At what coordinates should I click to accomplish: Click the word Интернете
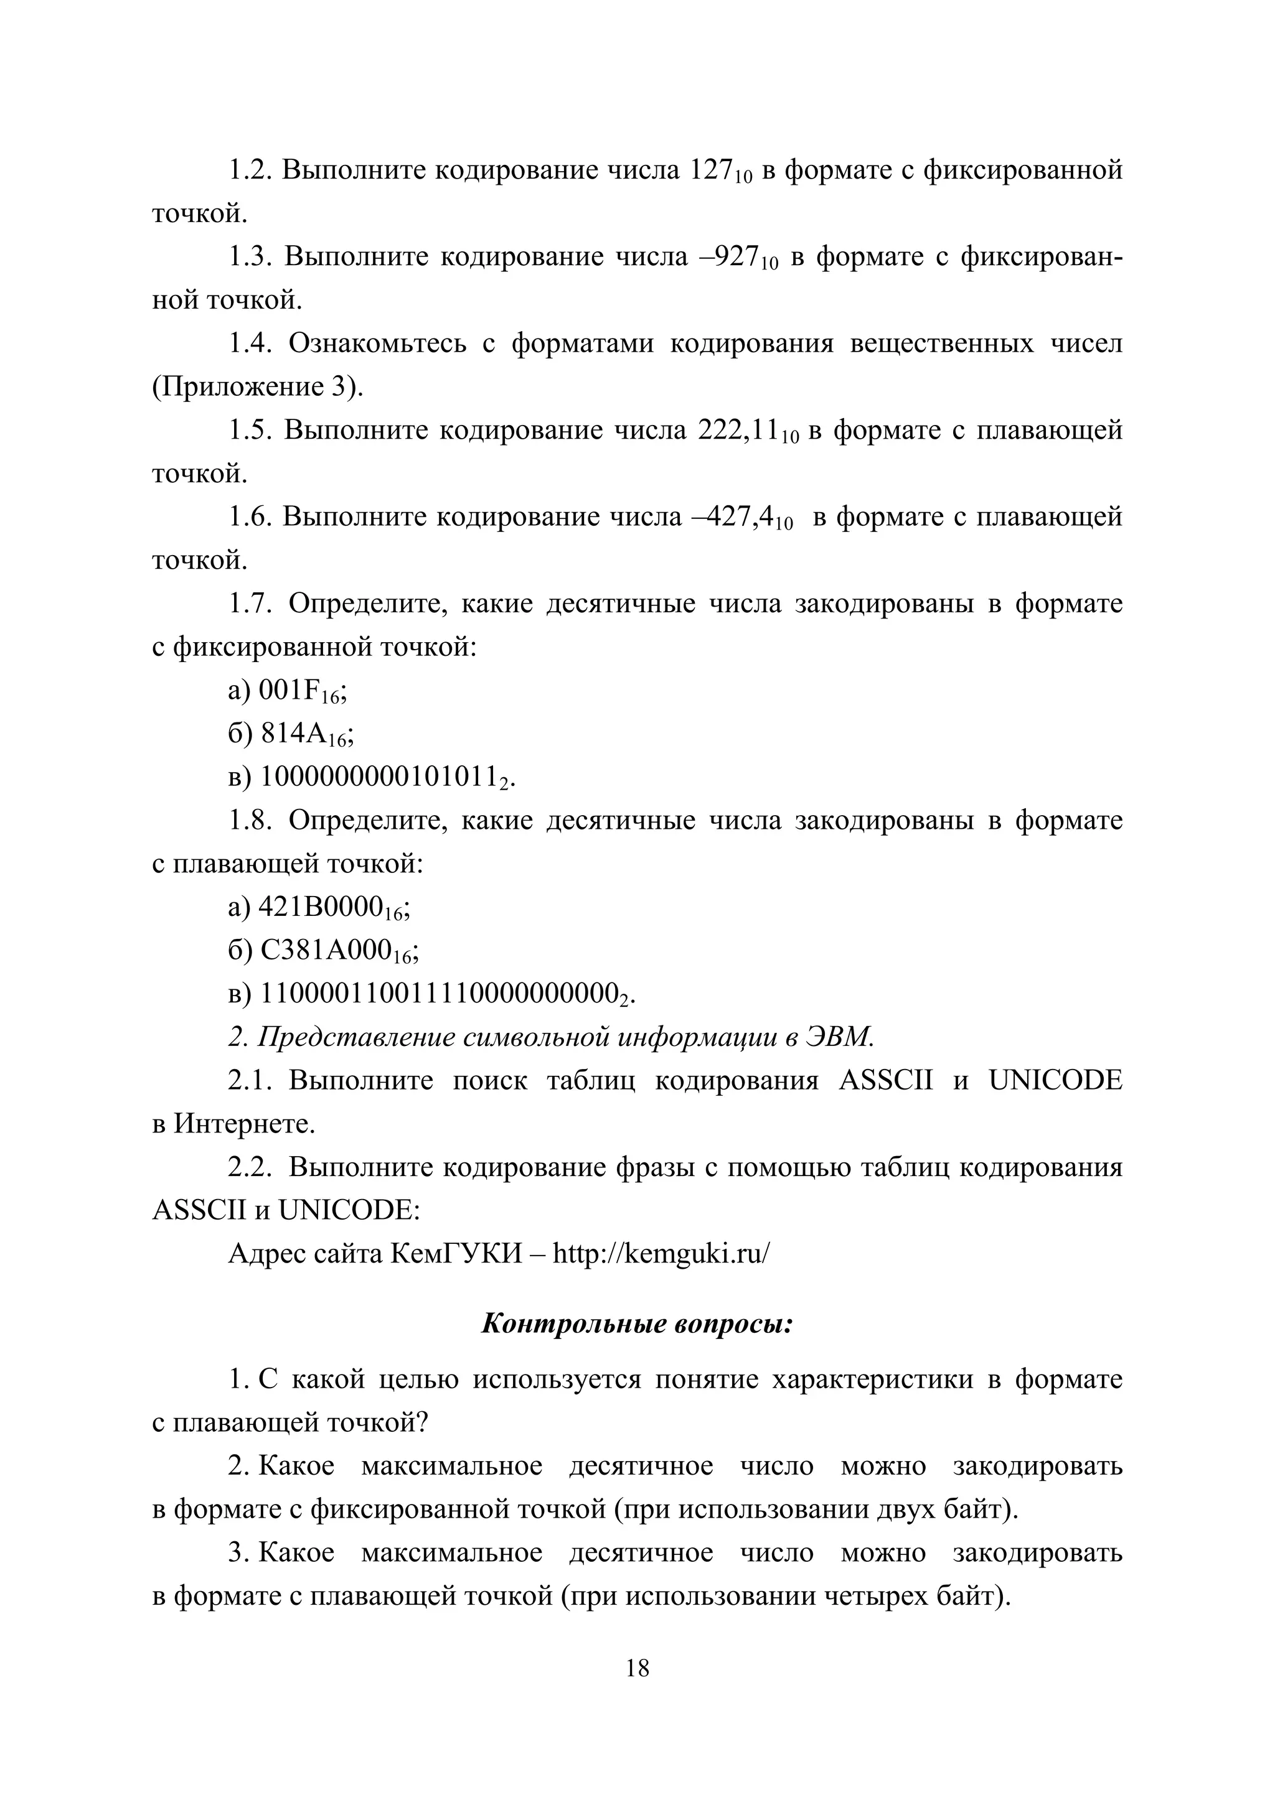click(244, 1124)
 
